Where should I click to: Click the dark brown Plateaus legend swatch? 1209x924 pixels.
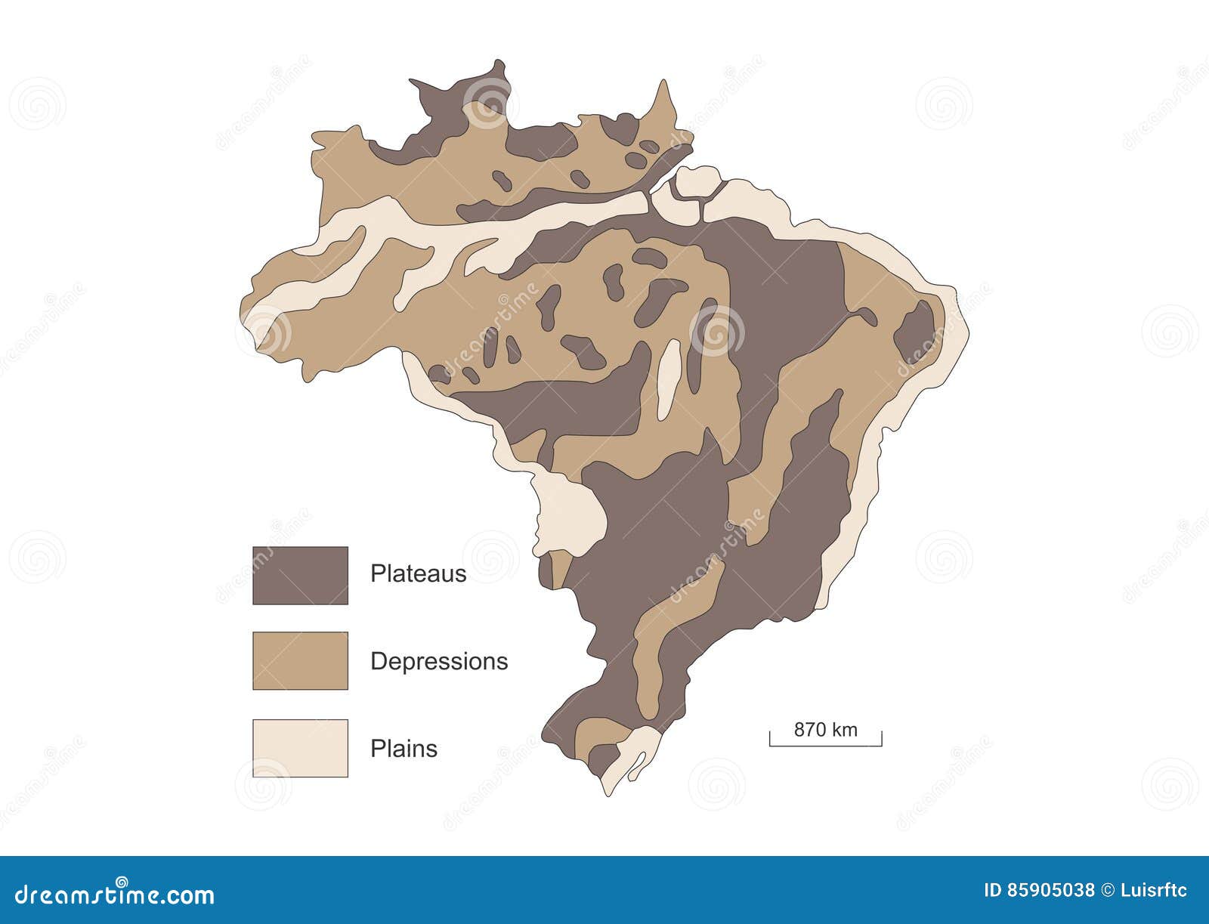(300, 576)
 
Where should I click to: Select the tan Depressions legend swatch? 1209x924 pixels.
(300, 660)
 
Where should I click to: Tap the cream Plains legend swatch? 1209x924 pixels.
(300, 748)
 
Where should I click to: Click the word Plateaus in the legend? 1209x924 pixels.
(418, 574)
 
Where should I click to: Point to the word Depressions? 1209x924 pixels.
(438, 662)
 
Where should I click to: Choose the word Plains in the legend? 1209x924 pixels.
(404, 749)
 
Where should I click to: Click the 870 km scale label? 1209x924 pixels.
(825, 730)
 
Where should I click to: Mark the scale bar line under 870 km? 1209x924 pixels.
(825, 745)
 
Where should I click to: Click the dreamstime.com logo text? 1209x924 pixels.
(107, 895)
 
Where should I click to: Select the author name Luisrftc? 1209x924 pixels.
(1153, 891)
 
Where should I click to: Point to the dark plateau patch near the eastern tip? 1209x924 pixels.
(916, 330)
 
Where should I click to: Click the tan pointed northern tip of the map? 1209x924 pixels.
(664, 102)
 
